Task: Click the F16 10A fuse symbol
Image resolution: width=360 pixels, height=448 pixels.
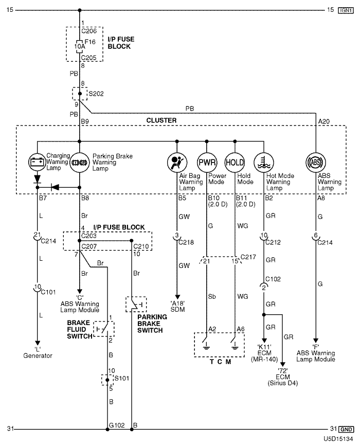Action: coord(80,45)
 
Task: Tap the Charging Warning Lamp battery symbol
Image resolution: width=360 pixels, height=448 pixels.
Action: coord(38,162)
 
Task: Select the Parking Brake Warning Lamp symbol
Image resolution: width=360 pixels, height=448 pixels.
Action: coord(80,162)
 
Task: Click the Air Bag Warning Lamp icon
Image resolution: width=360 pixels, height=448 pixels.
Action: coord(177,162)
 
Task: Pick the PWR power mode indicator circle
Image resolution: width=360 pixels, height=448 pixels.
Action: coord(206,162)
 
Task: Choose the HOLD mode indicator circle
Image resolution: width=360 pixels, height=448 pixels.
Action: coord(235,162)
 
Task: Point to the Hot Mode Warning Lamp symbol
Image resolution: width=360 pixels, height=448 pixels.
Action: coord(264,162)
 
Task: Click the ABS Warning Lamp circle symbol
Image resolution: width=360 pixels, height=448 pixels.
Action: coord(316,162)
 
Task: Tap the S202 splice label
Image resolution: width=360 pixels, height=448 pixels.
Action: coord(96,94)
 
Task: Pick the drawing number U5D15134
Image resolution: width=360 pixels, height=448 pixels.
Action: coord(338,440)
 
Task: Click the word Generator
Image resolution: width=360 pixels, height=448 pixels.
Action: coord(37,355)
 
